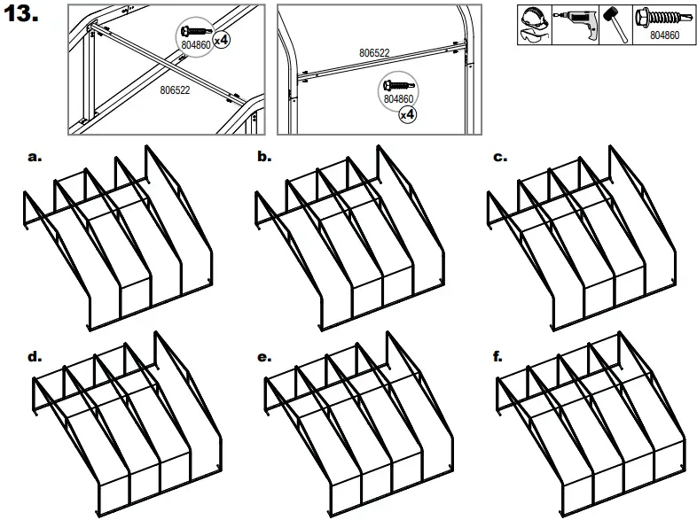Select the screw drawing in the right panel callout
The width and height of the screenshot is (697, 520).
(395, 86)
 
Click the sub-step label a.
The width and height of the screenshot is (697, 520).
(35, 157)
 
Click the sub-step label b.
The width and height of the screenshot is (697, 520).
(264, 157)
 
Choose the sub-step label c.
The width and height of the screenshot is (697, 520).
(499, 157)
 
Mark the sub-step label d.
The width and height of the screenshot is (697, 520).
(35, 357)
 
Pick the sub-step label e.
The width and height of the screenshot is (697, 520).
(264, 357)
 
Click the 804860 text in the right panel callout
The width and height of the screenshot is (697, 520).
(398, 99)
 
